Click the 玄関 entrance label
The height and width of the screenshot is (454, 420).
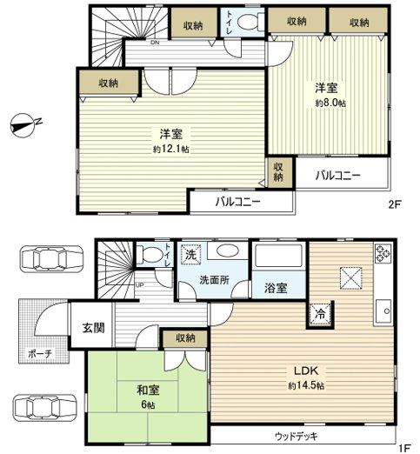point(93,326)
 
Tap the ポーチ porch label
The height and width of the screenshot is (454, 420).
point(38,355)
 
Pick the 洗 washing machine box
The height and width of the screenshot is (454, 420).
point(190,256)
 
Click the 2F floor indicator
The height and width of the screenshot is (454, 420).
point(395,205)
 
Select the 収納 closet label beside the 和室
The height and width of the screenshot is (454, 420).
point(183,337)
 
